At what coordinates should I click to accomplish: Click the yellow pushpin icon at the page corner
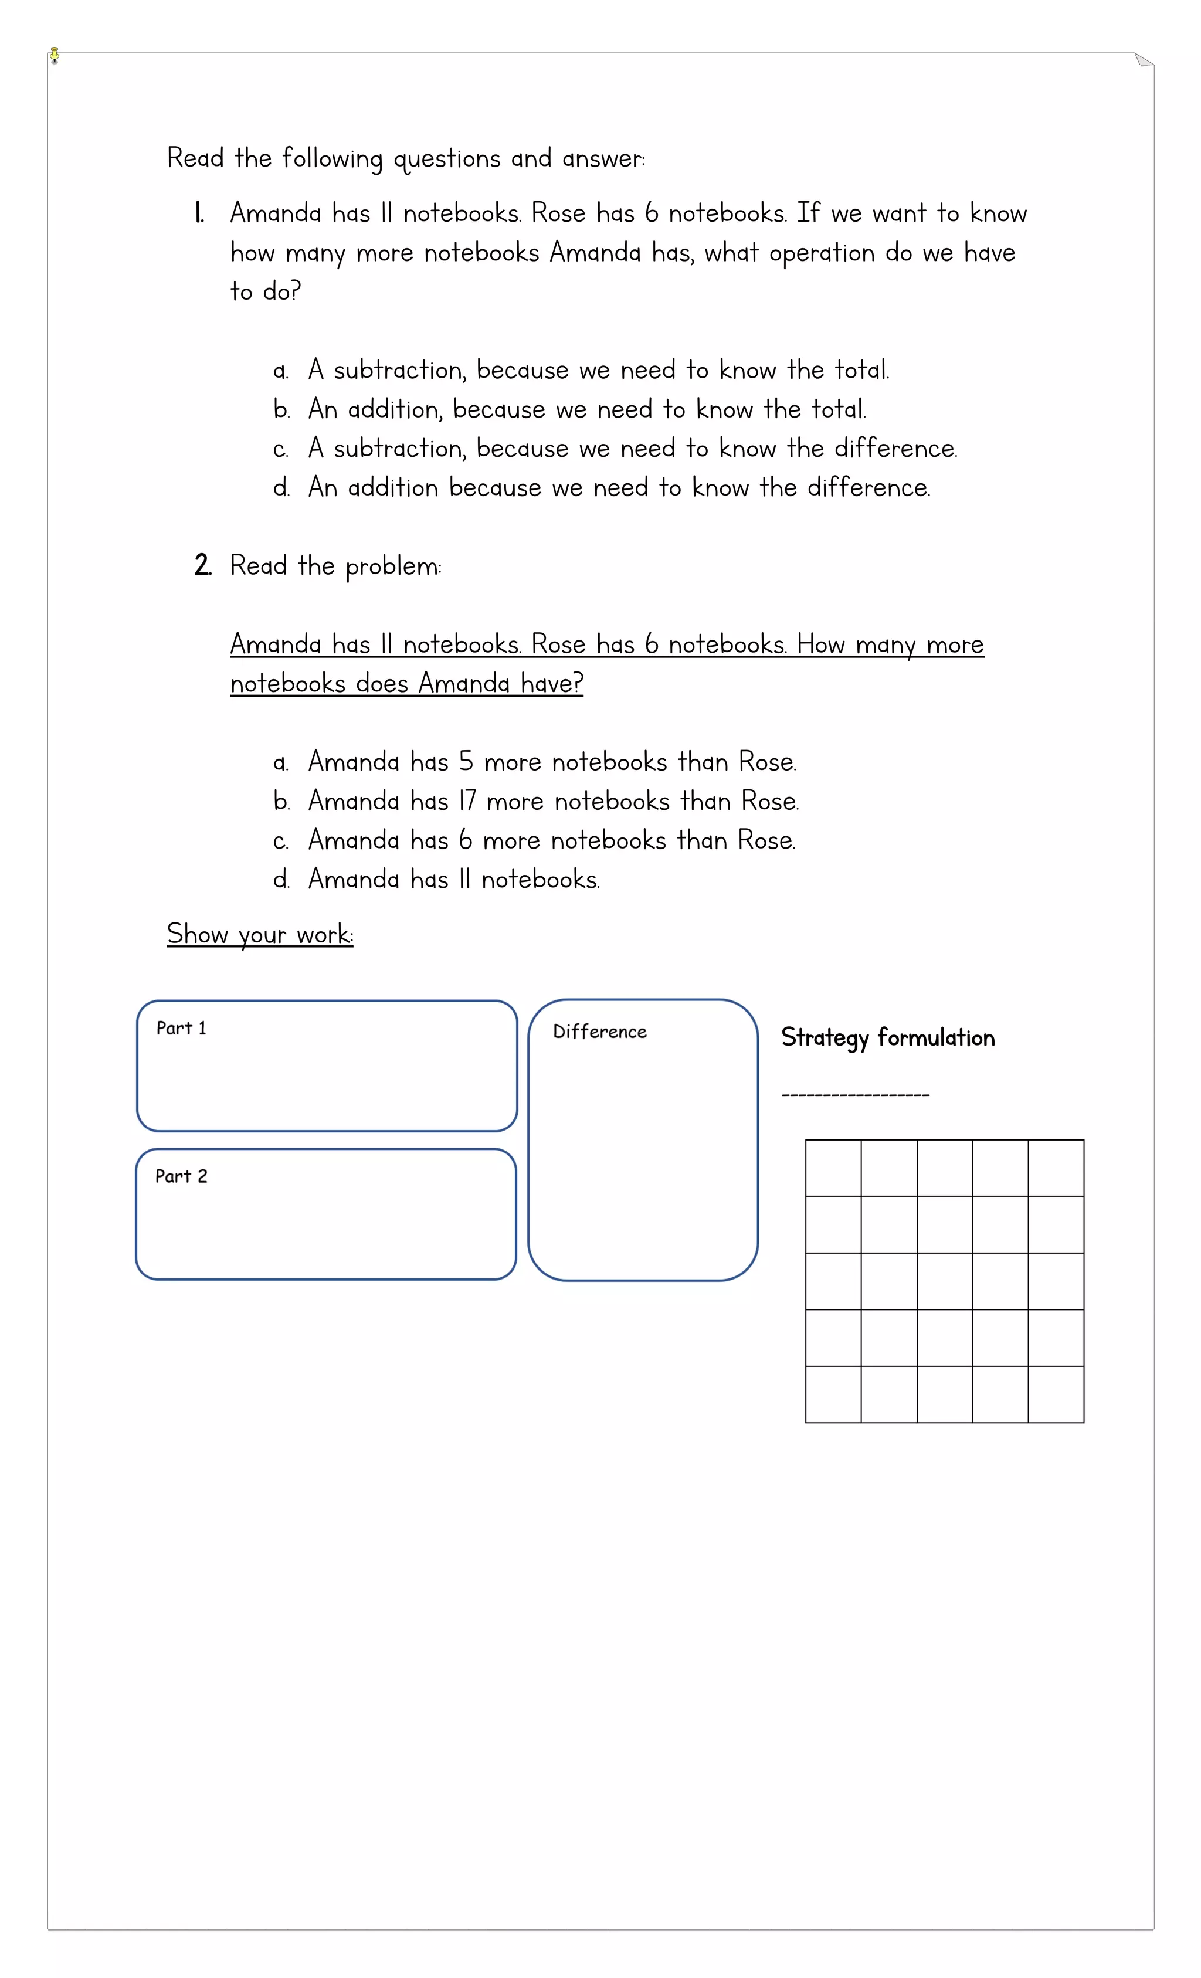(x=55, y=55)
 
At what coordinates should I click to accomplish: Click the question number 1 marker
(x=199, y=213)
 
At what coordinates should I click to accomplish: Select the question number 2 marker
(x=202, y=565)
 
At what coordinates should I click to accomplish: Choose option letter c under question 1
(x=280, y=450)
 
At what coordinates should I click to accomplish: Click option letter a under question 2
(x=280, y=762)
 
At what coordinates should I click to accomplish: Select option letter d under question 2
(x=281, y=880)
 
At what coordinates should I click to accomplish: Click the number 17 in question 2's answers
(x=467, y=801)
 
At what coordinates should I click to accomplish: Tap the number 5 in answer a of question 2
(x=466, y=762)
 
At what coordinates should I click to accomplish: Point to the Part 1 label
(x=181, y=1029)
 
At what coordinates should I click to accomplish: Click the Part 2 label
(x=181, y=1177)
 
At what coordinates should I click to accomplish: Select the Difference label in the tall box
(x=600, y=1032)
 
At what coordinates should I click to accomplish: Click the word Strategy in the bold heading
(x=825, y=1039)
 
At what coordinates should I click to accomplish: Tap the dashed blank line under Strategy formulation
(x=856, y=1095)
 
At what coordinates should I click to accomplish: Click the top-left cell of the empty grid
(x=833, y=1168)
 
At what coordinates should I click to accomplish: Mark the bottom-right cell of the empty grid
(x=1056, y=1395)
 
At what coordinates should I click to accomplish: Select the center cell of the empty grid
(x=945, y=1281)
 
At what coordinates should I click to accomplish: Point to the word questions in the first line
(x=446, y=159)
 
